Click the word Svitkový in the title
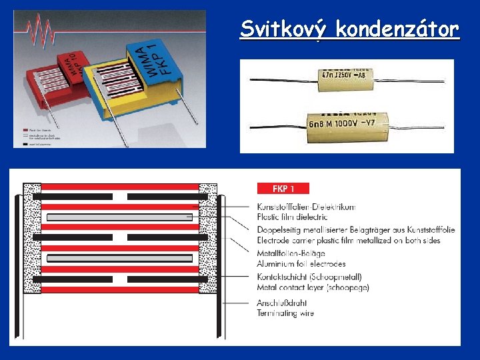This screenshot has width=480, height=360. click(285, 29)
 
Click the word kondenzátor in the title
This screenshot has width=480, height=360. click(397, 29)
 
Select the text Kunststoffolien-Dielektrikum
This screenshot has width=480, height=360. click(306, 207)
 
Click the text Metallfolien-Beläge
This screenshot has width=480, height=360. click(291, 253)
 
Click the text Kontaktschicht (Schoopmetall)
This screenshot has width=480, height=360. click(309, 277)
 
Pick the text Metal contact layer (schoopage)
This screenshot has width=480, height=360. click(313, 287)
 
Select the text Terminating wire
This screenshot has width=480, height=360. click(285, 313)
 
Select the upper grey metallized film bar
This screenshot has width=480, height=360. click(120, 217)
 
